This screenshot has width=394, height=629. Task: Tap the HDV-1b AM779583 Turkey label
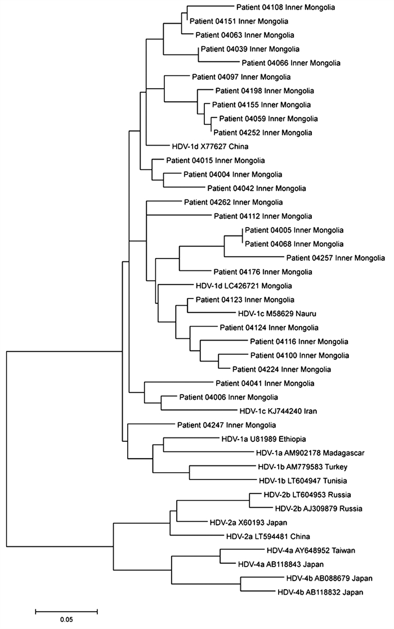pos(293,467)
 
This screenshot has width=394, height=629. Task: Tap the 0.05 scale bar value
pos(66,621)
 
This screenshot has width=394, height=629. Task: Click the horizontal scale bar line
pos(66,609)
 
